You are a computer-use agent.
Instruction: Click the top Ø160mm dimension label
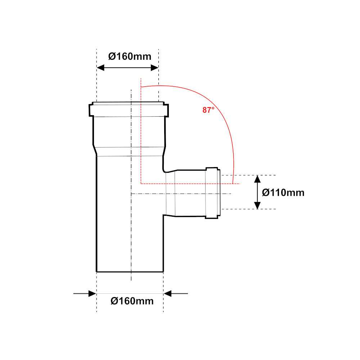tap(130, 56)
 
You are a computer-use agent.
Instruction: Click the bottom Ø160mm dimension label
tap(132, 301)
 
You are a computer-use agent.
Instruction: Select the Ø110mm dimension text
tap(283, 192)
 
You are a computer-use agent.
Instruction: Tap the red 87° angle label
tap(208, 110)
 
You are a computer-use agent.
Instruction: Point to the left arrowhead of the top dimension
tap(100, 68)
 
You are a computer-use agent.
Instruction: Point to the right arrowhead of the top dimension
tap(154, 68)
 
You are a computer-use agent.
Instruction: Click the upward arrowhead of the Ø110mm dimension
tap(257, 179)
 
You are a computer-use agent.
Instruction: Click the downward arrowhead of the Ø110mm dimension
tap(257, 205)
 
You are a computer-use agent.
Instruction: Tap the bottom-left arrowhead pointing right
tap(92, 293)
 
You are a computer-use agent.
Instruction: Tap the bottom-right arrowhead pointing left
tap(167, 293)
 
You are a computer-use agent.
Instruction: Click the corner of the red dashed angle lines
tap(141, 184)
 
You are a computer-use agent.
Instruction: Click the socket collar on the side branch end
tap(213, 193)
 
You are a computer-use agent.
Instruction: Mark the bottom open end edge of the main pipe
tap(130, 272)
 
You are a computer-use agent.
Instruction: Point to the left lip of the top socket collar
tap(91, 110)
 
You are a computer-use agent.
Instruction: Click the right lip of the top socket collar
tap(166, 110)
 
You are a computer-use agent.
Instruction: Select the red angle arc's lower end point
tap(233, 184)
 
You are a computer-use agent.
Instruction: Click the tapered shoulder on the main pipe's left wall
tap(95, 150)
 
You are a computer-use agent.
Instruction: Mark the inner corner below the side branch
tap(163, 215)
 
